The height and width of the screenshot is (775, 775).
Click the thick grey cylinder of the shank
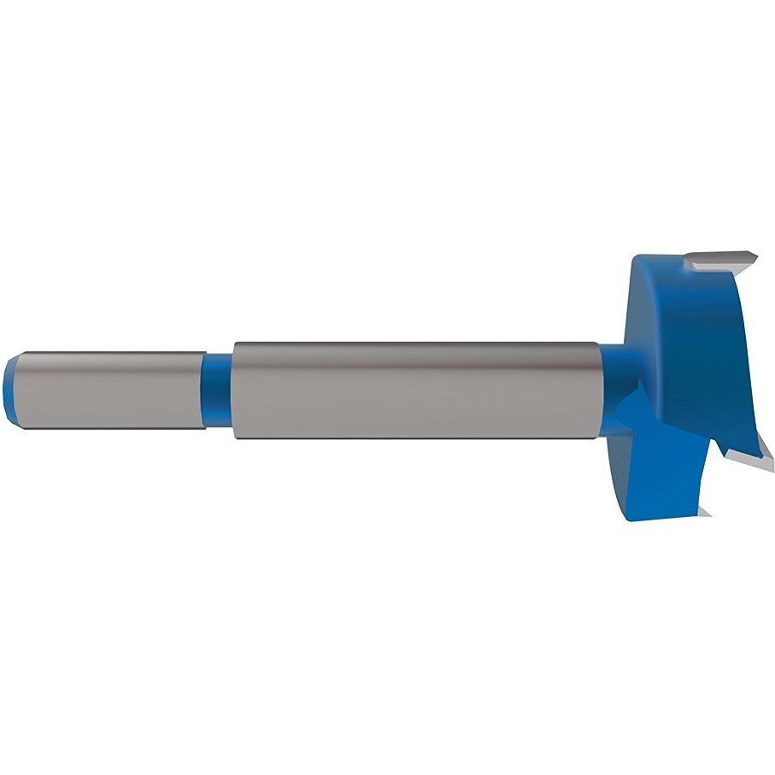click(x=410, y=391)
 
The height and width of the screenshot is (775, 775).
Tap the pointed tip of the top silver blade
click(x=758, y=255)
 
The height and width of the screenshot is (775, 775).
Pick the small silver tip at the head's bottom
click(x=705, y=511)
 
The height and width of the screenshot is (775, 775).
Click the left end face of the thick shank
click(x=235, y=390)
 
